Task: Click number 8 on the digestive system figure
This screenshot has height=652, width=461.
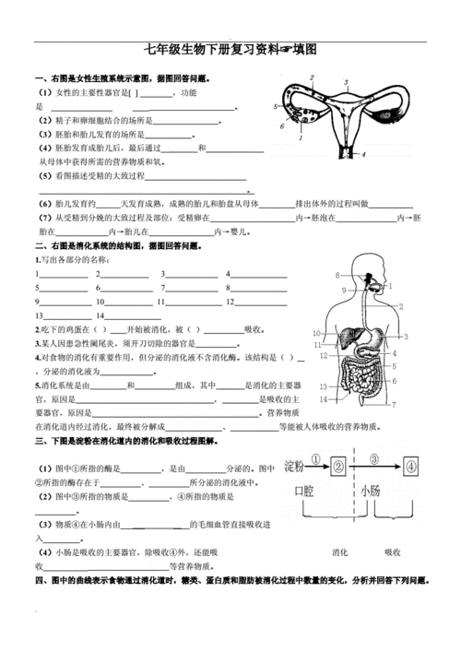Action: pyautogui.click(x=338, y=274)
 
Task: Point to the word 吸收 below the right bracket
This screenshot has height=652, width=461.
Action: pyautogui.click(x=398, y=551)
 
